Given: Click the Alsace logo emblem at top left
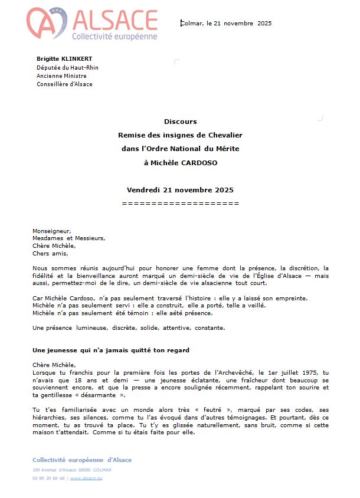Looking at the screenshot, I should click(46, 24).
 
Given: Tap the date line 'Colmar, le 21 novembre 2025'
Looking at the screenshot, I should click(226, 23).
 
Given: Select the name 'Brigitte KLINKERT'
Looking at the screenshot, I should click(64, 58).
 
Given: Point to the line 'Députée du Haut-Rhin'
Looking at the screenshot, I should click(67, 67).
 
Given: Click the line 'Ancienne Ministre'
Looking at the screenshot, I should click(61, 76).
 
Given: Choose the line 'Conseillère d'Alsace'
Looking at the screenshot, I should click(64, 84).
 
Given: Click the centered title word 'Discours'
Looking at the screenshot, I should click(180, 122).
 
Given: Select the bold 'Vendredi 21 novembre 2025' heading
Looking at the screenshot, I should click(180, 190).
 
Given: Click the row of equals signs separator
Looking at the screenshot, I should click(180, 203).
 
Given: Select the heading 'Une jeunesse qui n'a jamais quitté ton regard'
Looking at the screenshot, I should click(111, 350).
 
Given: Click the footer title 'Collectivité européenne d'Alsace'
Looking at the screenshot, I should click(82, 460).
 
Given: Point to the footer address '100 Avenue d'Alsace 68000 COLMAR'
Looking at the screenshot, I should click(72, 470).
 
